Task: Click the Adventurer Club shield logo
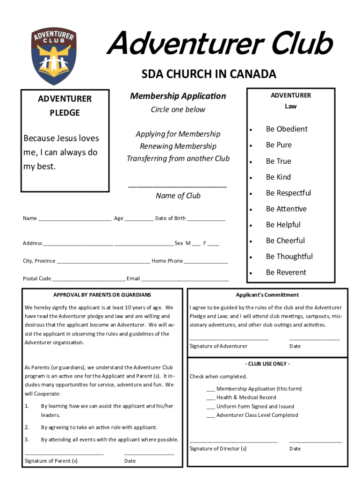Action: (x=53, y=55)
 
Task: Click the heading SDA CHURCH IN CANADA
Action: (x=209, y=74)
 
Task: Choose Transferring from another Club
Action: (x=178, y=159)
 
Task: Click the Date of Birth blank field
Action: (x=206, y=218)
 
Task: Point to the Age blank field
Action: (x=139, y=218)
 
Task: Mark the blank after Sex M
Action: (x=196, y=243)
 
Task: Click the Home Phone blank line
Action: (x=206, y=261)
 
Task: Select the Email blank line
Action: (x=185, y=279)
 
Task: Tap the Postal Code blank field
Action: (x=88, y=279)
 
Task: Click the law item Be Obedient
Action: (x=287, y=129)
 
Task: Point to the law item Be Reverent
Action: (x=286, y=272)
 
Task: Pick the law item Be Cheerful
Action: (x=285, y=240)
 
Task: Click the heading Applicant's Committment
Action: (x=267, y=295)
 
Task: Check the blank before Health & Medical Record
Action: (x=210, y=398)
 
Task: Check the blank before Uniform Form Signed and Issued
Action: (x=210, y=407)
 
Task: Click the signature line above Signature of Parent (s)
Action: (x=64, y=453)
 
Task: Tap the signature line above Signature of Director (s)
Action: (x=233, y=441)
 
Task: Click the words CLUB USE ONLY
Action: (x=267, y=364)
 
